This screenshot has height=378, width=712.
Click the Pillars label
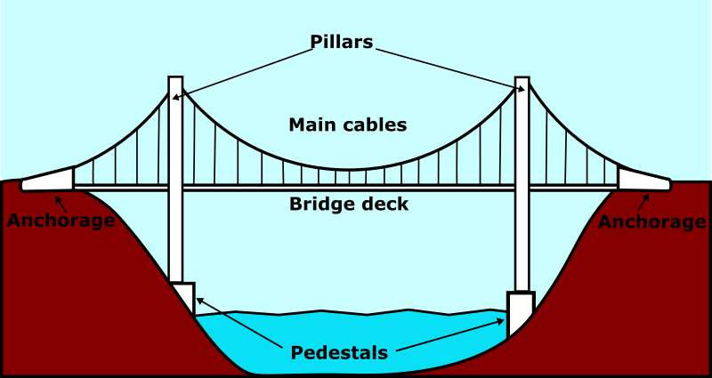click(x=342, y=42)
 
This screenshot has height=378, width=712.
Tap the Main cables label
click(x=347, y=125)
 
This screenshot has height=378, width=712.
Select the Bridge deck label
click(x=349, y=205)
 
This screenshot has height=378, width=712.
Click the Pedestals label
click(x=339, y=353)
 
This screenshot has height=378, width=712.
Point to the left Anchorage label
click(x=61, y=221)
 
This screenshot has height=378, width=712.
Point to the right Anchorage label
click(x=651, y=221)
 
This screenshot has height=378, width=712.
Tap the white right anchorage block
click(x=643, y=179)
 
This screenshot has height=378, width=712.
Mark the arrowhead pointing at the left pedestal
click(x=198, y=300)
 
